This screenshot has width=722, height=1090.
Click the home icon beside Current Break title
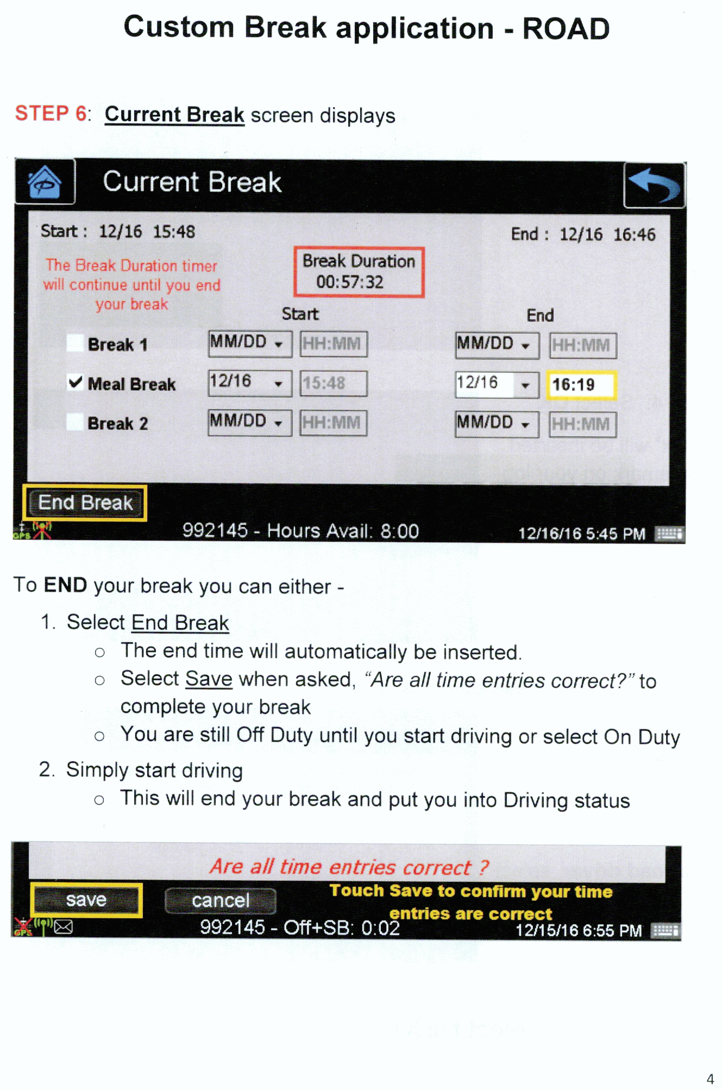(x=45, y=182)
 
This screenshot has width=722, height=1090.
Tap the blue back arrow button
(x=655, y=185)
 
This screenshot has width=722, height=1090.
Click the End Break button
(x=85, y=503)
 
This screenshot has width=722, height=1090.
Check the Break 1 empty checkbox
(x=75, y=343)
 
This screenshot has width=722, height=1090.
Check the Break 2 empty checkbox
(x=75, y=422)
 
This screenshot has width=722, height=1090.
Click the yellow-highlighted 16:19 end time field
(x=581, y=385)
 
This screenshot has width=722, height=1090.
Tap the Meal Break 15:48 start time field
(x=334, y=384)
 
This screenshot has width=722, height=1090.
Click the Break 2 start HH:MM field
(x=334, y=423)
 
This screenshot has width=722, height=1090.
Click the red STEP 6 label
(x=51, y=114)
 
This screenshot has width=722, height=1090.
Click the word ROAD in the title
(x=566, y=29)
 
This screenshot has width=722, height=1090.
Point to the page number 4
(x=710, y=1079)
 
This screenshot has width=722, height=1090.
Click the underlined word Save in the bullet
(x=209, y=679)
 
